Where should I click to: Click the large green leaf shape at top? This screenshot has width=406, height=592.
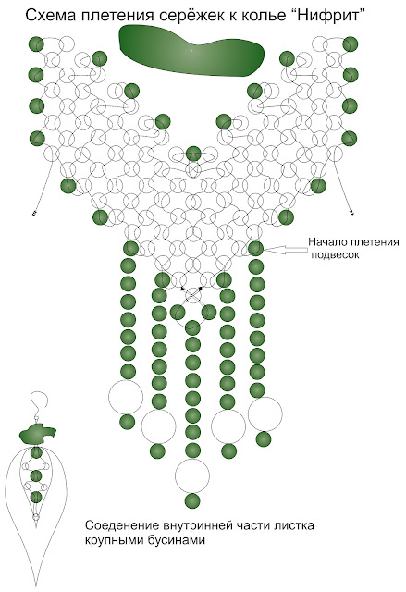click(x=191, y=50)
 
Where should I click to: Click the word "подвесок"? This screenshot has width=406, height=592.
click(x=335, y=255)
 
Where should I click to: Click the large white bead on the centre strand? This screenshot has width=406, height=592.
click(x=192, y=476)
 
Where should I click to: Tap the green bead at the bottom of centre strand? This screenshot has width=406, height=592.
click(x=192, y=501)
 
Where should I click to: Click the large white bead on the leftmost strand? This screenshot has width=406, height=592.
click(x=126, y=397)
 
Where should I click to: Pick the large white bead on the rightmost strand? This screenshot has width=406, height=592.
click(x=265, y=413)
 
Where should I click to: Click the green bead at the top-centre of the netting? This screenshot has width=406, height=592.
click(x=193, y=154)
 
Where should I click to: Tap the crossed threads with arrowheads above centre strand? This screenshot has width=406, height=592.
click(x=192, y=295)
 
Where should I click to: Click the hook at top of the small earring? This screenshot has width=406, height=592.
click(x=39, y=401)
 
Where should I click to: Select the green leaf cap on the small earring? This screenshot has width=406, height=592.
click(x=37, y=434)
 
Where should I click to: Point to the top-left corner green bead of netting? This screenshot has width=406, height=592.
click(x=36, y=44)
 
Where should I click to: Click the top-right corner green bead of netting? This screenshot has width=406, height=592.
click(x=351, y=44)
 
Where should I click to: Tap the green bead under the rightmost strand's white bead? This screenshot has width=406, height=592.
click(x=264, y=439)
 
